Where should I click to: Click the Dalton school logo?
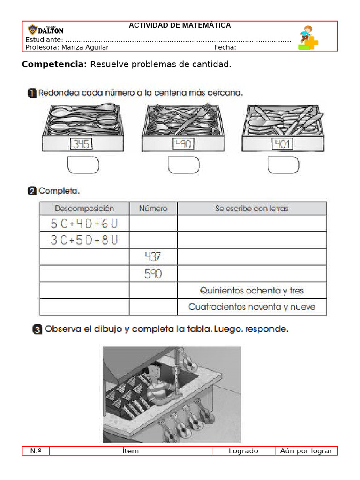(45, 29)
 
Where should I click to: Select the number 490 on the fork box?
(182, 143)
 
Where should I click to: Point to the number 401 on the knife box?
(283, 143)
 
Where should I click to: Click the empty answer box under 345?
(83, 165)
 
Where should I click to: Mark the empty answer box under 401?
(283, 165)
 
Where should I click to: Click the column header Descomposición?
(84, 208)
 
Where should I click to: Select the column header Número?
(153, 209)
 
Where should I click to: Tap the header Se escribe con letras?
(252, 209)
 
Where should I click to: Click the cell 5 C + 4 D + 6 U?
(84, 224)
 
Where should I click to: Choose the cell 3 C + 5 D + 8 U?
(84, 240)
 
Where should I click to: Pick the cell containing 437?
(153, 257)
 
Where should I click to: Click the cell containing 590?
(153, 274)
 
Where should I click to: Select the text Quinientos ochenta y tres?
(252, 291)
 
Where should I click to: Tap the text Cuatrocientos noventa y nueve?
(252, 307)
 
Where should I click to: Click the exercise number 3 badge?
(37, 330)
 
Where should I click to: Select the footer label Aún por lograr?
(306, 451)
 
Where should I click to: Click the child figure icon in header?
(307, 37)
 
